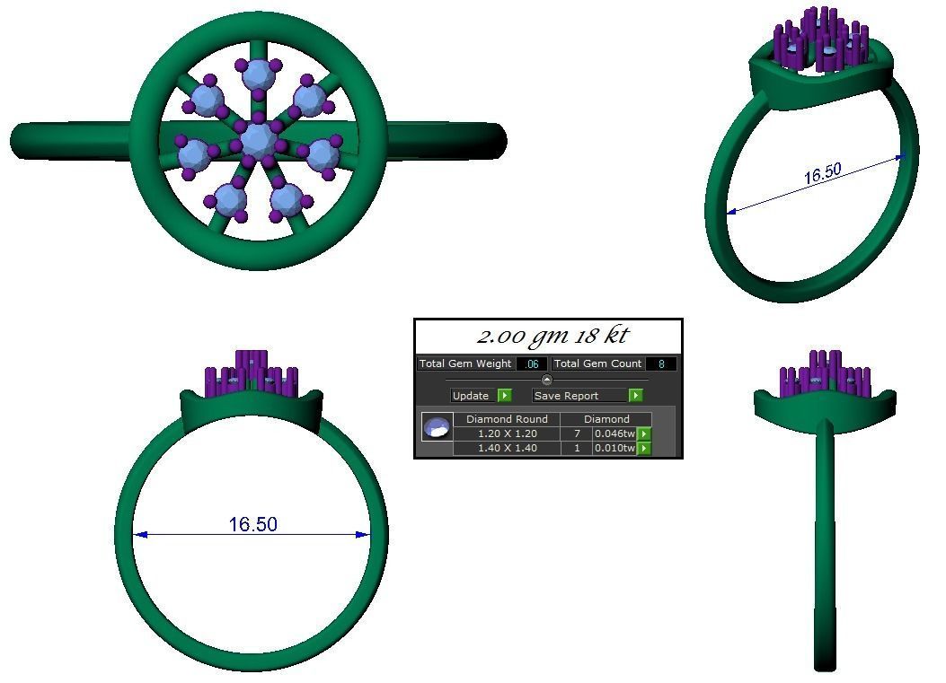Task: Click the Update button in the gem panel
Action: point(471,396)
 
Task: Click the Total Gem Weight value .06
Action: point(532,364)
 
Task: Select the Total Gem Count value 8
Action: point(661,364)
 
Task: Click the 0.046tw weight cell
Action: point(614,433)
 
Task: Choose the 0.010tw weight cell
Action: point(614,448)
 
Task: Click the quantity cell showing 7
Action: point(576,433)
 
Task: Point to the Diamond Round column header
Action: point(507,419)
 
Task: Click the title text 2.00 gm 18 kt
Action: point(552,336)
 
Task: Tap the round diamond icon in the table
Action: point(438,427)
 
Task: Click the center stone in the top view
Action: point(258,140)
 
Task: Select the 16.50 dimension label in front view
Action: point(252,524)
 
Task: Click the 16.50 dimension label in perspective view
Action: point(822,173)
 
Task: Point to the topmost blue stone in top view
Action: point(259,75)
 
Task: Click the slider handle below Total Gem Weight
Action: point(546,380)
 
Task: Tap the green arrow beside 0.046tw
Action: point(643,434)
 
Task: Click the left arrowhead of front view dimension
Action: point(140,535)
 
